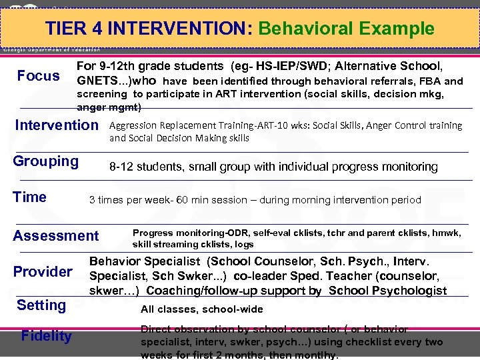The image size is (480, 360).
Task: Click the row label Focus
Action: click(38, 76)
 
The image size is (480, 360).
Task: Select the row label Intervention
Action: click(56, 125)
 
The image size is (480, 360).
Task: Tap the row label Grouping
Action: click(46, 161)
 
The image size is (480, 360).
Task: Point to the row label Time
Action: click(30, 197)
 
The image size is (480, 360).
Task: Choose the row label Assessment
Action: click(55, 235)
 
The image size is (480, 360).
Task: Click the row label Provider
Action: click(43, 272)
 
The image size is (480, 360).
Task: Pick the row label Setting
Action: click(41, 305)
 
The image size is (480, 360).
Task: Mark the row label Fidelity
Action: click(46, 336)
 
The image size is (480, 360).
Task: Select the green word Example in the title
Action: click(397, 29)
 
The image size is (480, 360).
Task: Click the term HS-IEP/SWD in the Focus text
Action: click(291, 66)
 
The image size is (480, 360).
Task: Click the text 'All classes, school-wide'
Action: click(201, 309)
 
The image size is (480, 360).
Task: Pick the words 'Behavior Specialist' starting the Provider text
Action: click(145, 262)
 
